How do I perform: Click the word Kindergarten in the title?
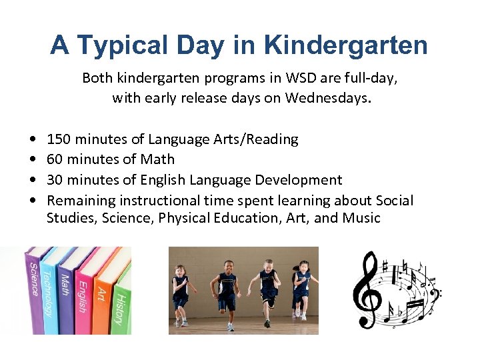tap(346, 45)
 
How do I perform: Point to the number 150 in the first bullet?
tap(59, 139)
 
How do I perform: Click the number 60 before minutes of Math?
tap(55, 159)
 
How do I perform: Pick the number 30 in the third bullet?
tap(55, 180)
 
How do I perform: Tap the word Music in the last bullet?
tap(361, 218)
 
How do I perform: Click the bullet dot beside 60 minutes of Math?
tap(33, 160)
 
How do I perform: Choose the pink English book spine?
tap(81, 293)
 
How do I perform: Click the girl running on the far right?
tap(302, 290)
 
